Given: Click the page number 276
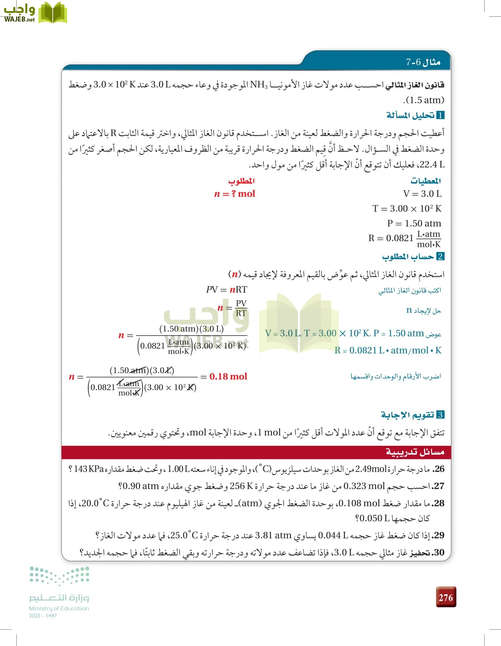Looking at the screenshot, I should click(x=446, y=597).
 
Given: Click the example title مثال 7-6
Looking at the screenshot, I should click(x=423, y=62).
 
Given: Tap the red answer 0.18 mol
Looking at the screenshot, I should click(x=228, y=376).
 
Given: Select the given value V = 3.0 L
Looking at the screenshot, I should click(x=422, y=194).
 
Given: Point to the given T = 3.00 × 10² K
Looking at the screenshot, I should click(x=407, y=209).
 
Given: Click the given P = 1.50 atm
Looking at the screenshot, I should click(x=414, y=223).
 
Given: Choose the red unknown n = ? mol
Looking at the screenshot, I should click(x=235, y=194).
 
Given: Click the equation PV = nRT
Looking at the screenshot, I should click(x=226, y=289).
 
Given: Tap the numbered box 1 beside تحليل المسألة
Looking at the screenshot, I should click(x=440, y=115).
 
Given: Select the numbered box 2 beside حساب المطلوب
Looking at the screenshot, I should click(x=440, y=256).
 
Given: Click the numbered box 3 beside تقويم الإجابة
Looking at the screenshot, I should click(x=440, y=415).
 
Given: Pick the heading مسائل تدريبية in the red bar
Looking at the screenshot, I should click(x=415, y=452).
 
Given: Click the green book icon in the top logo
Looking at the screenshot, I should click(x=53, y=13).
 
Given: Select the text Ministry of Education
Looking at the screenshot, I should click(x=59, y=608).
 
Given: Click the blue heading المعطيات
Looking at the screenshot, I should click(x=426, y=181).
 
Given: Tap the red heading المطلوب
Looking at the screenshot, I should click(x=242, y=181).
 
